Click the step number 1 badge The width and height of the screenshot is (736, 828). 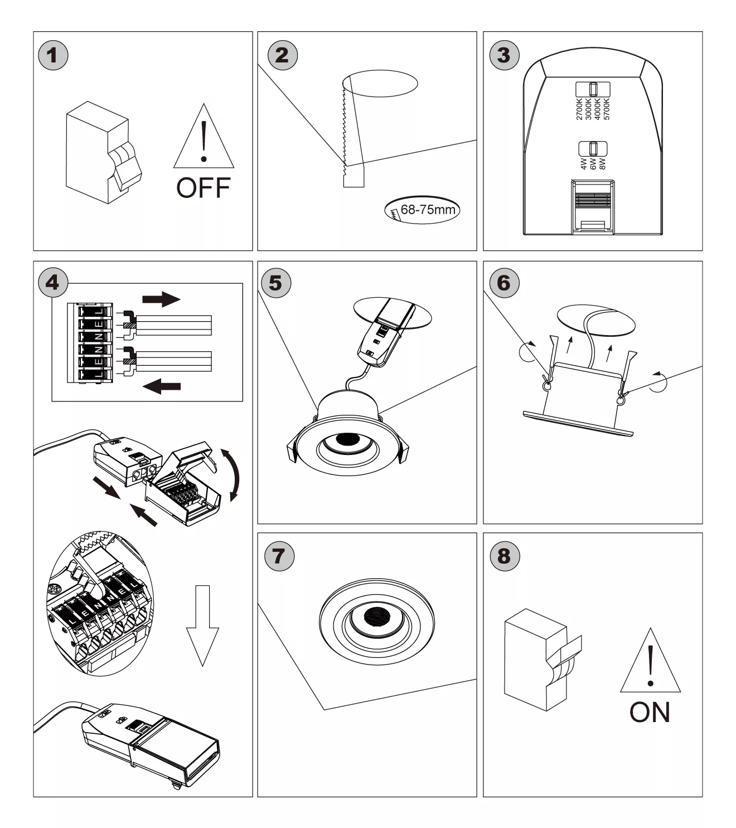[52, 55]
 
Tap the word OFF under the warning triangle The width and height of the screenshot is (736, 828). [203, 188]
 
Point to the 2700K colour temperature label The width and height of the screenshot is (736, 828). [579, 109]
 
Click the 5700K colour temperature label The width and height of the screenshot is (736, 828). [607, 109]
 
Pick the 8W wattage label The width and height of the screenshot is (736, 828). [602, 163]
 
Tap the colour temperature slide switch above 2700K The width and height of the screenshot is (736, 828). [593, 89]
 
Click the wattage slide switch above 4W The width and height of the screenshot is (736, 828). [593, 149]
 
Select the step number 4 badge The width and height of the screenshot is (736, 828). [52, 282]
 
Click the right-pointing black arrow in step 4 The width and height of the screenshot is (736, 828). [161, 299]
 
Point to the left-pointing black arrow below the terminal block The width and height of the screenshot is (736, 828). [162, 385]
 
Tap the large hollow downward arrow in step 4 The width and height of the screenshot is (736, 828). [202, 625]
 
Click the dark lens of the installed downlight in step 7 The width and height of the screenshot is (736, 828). [376, 616]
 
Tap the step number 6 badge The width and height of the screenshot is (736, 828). [503, 283]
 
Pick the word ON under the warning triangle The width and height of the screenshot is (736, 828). [650, 712]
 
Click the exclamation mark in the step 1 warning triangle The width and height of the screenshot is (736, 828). [204, 142]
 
